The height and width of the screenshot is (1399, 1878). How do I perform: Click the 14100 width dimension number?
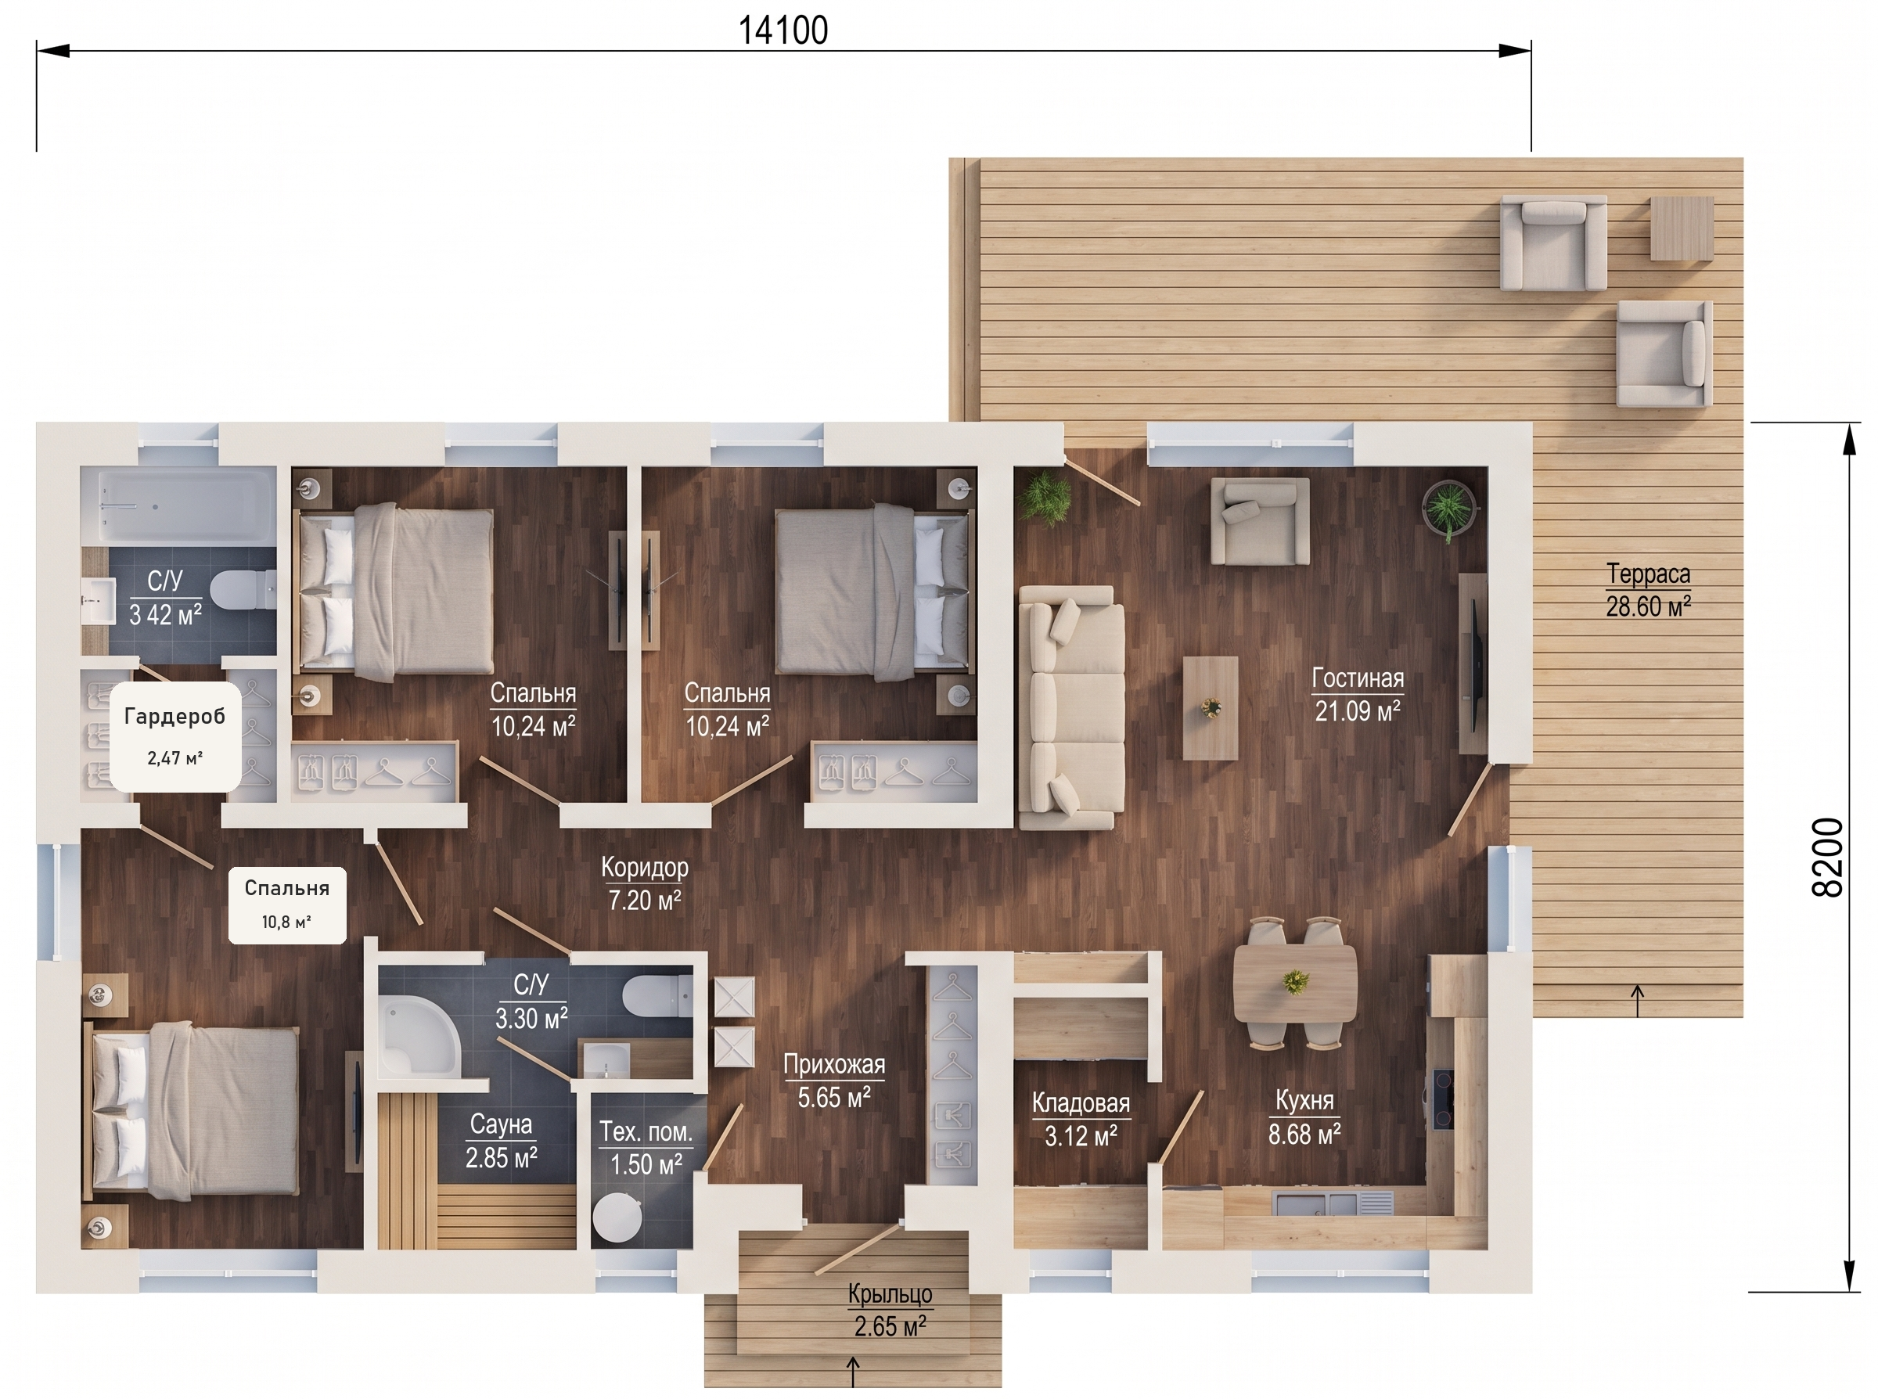[x=783, y=31]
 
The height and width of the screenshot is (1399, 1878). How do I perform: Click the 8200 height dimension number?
[x=1827, y=857]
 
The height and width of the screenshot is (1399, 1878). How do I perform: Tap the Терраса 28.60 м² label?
[x=1649, y=590]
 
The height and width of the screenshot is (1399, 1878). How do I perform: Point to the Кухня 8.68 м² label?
[x=1304, y=1117]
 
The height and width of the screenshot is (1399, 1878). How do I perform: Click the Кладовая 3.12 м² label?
[x=1081, y=1119]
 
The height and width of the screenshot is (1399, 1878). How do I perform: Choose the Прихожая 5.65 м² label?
[x=834, y=1081]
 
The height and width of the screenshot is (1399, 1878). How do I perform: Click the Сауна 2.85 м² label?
[x=502, y=1141]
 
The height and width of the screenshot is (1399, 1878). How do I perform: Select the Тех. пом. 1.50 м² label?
[x=646, y=1148]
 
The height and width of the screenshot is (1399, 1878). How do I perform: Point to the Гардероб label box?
[x=175, y=736]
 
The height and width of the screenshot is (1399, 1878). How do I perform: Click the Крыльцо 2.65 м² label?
[x=890, y=1310]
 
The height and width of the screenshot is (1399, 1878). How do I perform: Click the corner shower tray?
[x=419, y=1035]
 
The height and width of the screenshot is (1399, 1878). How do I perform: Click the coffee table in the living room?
[x=1210, y=707]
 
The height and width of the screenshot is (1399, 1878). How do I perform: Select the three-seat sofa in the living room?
[x=1071, y=707]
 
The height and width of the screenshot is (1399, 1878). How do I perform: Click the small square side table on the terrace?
[x=1682, y=228]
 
